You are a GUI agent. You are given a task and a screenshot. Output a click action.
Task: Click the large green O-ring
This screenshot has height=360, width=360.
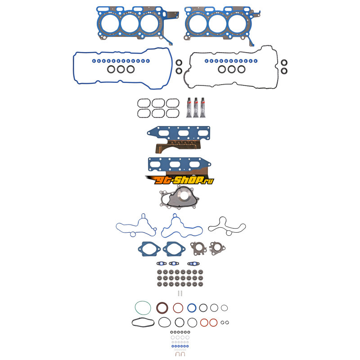click(x=143, y=308)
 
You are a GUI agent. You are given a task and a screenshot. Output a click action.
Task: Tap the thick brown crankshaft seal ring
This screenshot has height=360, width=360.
click(x=162, y=308)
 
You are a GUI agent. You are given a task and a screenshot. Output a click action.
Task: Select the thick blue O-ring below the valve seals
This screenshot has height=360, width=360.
click(x=192, y=308)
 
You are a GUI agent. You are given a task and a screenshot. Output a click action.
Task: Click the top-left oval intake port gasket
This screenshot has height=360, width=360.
click(x=144, y=103)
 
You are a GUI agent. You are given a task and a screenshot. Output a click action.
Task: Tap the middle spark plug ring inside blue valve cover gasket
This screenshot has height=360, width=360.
click(x=121, y=69)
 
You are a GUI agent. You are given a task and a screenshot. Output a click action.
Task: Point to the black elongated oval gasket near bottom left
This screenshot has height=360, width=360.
click(x=143, y=322)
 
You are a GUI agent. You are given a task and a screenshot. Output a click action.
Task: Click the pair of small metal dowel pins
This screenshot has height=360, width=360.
click(x=180, y=293)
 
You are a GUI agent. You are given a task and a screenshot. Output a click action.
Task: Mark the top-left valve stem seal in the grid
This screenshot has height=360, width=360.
click(x=159, y=272)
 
